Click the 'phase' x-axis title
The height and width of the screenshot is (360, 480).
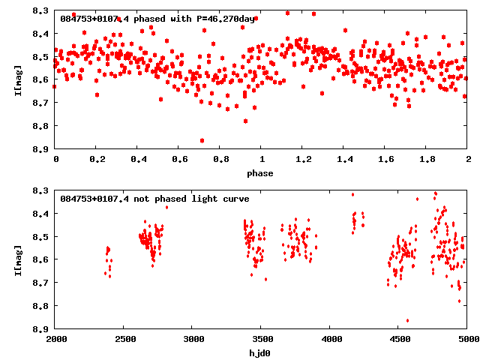coord(261,173)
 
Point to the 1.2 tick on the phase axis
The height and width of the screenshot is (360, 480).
coord(303,160)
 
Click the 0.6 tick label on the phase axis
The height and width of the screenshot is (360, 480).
coord(179,160)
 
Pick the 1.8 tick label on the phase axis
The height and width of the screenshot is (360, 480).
coord(427,160)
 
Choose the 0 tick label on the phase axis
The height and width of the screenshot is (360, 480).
coord(55,160)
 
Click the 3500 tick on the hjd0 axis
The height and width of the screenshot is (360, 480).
coord(261,340)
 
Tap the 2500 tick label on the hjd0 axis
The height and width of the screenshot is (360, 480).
coord(124,340)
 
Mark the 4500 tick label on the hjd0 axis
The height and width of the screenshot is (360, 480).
coord(398,340)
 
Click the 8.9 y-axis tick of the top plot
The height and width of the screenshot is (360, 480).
coord(42,149)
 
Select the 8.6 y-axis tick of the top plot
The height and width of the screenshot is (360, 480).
coord(42,80)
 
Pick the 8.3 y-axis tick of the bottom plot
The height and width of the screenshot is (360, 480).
coord(42,191)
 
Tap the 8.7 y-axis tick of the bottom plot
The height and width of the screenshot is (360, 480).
coord(42,283)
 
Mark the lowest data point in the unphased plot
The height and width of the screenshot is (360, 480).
coord(407,320)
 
